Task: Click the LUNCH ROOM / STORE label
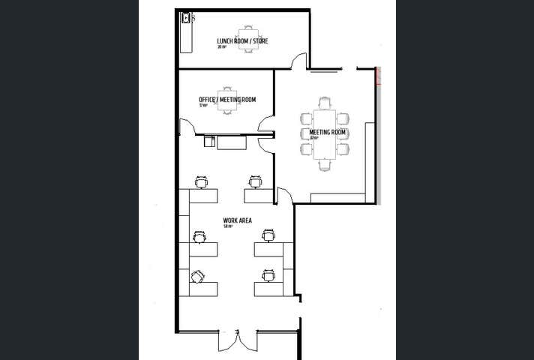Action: tap(242, 41)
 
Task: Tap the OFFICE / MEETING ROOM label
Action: tap(227, 100)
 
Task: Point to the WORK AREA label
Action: tap(237, 220)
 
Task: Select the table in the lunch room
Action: tap(248, 40)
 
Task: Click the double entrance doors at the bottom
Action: tap(237, 341)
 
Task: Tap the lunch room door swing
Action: tap(299, 61)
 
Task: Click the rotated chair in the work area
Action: tap(198, 276)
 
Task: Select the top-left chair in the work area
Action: tap(201, 181)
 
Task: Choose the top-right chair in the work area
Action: tap(256, 181)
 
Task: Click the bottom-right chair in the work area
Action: tap(268, 276)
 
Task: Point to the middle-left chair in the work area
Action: tap(199, 236)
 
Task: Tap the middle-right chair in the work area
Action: tap(268, 236)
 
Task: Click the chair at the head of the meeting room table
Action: tap(324, 103)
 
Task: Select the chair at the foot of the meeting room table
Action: tap(324, 163)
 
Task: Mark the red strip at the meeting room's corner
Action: tap(379, 75)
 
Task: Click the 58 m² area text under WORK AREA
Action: tap(228, 226)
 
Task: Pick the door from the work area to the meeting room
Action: tap(284, 196)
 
